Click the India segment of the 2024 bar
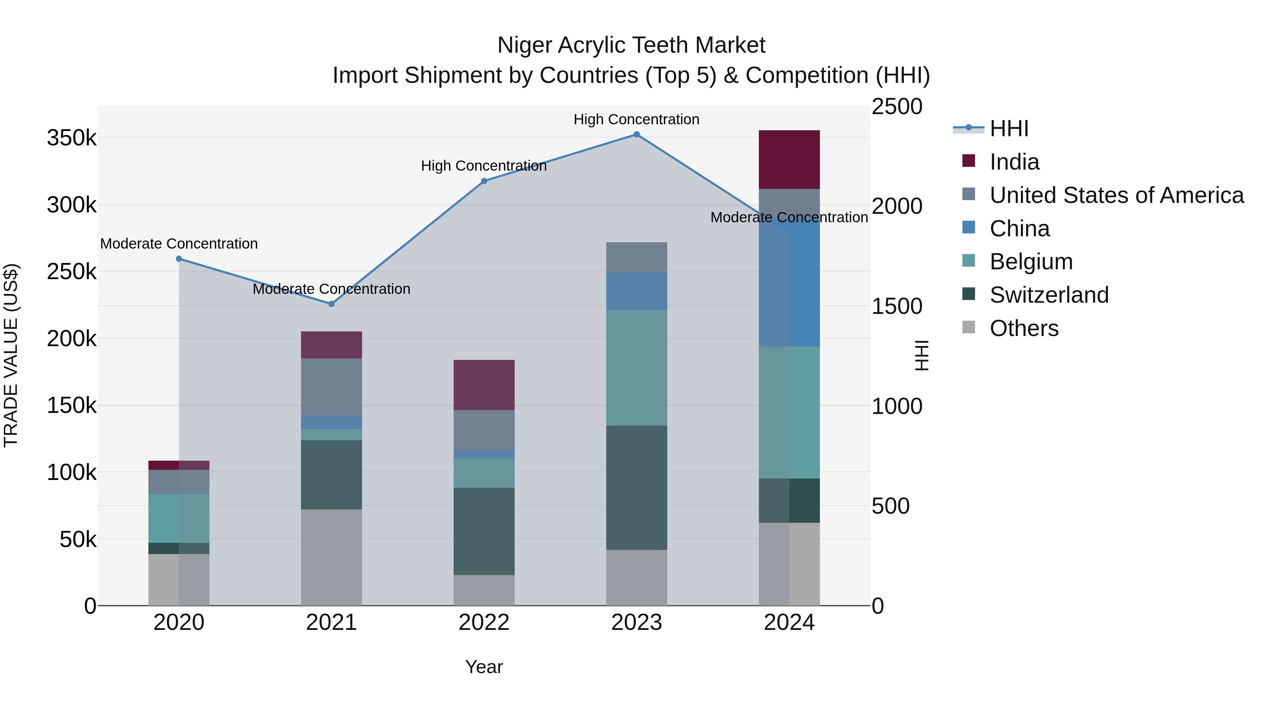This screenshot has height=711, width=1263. click(789, 159)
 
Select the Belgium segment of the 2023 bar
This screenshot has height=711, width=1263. click(636, 368)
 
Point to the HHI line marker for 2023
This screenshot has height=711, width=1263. click(636, 134)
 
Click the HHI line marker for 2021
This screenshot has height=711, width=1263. click(332, 304)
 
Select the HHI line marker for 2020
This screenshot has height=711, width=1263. click(179, 258)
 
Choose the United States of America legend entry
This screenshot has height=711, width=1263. click(1116, 195)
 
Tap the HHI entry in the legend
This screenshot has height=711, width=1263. click(1009, 129)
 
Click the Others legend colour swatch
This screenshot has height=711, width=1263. click(969, 327)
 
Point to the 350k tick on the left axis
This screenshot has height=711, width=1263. click(72, 138)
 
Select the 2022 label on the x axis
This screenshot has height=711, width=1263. click(484, 623)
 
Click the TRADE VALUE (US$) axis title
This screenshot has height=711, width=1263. click(11, 355)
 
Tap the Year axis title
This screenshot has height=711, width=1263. click(484, 667)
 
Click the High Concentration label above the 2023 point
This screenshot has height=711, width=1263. click(636, 119)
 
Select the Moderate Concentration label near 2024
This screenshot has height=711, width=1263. click(789, 217)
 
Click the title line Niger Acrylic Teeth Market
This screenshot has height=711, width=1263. click(631, 45)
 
